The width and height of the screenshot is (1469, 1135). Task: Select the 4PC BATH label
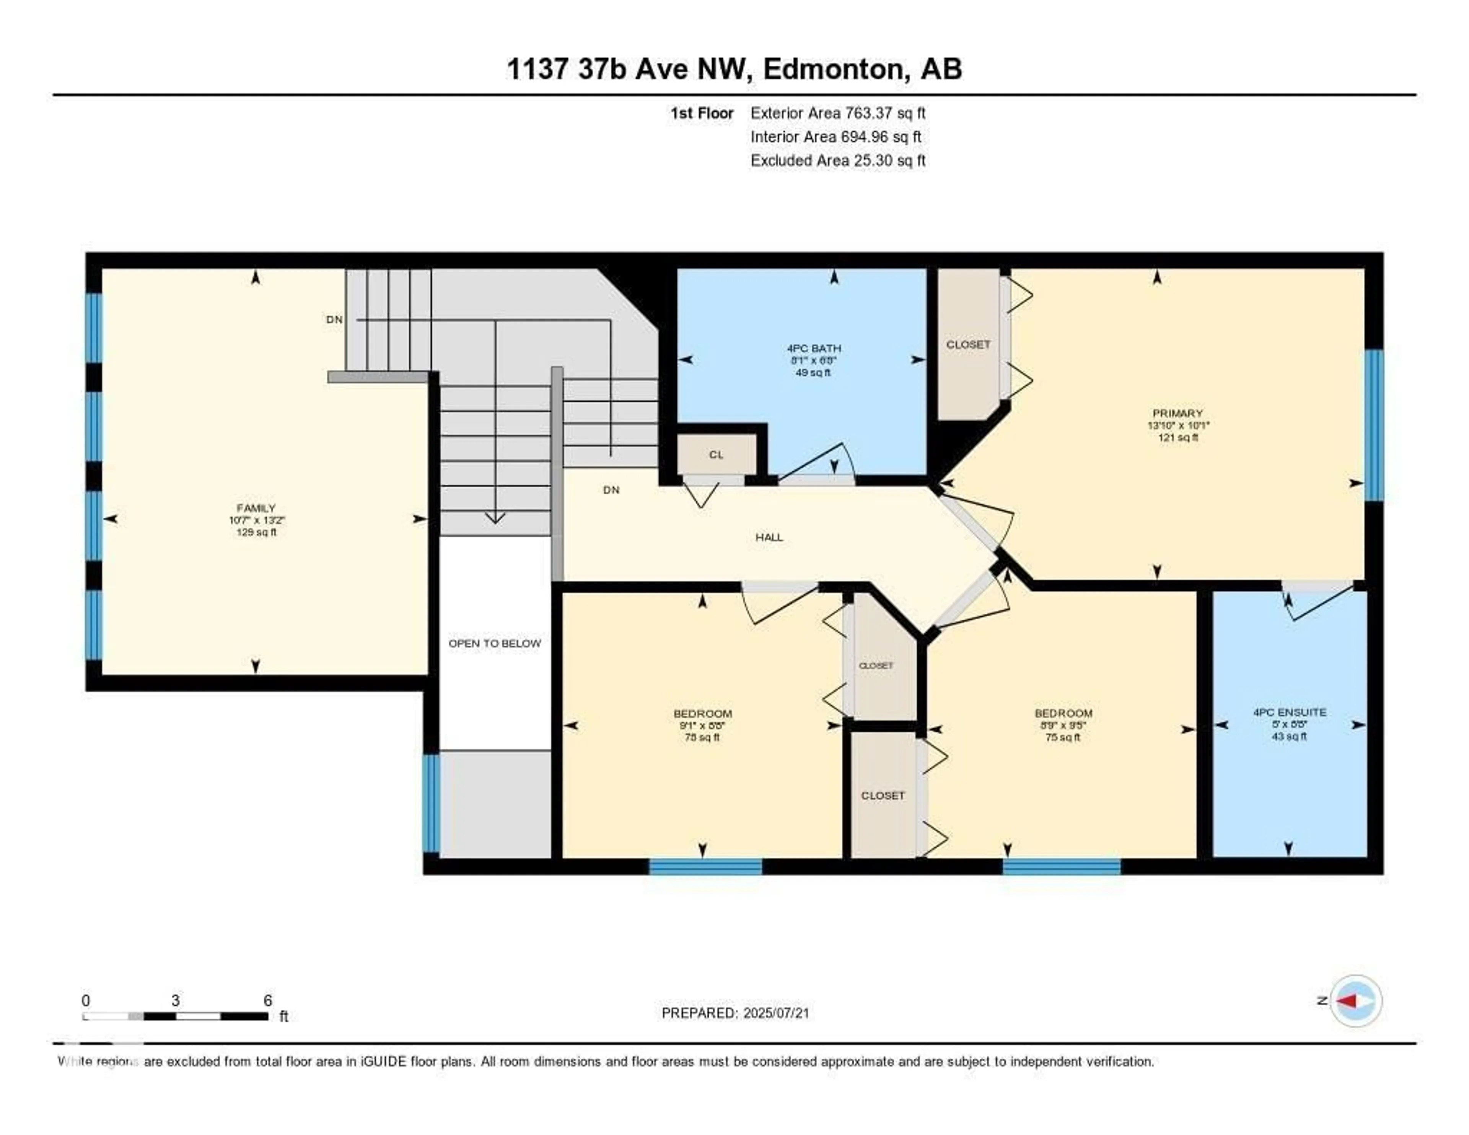814,349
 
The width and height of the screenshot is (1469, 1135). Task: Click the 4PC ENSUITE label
1290,712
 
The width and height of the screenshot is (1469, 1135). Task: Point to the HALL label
769,537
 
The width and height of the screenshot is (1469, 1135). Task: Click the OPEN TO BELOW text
494,643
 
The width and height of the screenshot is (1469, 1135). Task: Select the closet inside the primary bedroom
968,344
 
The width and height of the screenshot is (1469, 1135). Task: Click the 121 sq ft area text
1177,437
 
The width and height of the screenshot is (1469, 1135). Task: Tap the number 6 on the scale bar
268,1000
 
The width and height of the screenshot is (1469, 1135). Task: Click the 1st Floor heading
702,113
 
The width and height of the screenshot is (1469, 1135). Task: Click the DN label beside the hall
611,490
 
